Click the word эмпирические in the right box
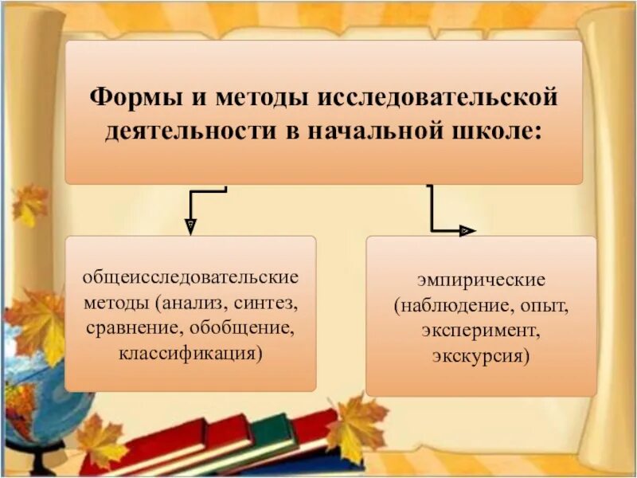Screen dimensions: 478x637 [481, 280]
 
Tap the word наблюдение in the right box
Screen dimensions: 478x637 [456, 304]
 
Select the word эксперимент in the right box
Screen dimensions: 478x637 [480, 328]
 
